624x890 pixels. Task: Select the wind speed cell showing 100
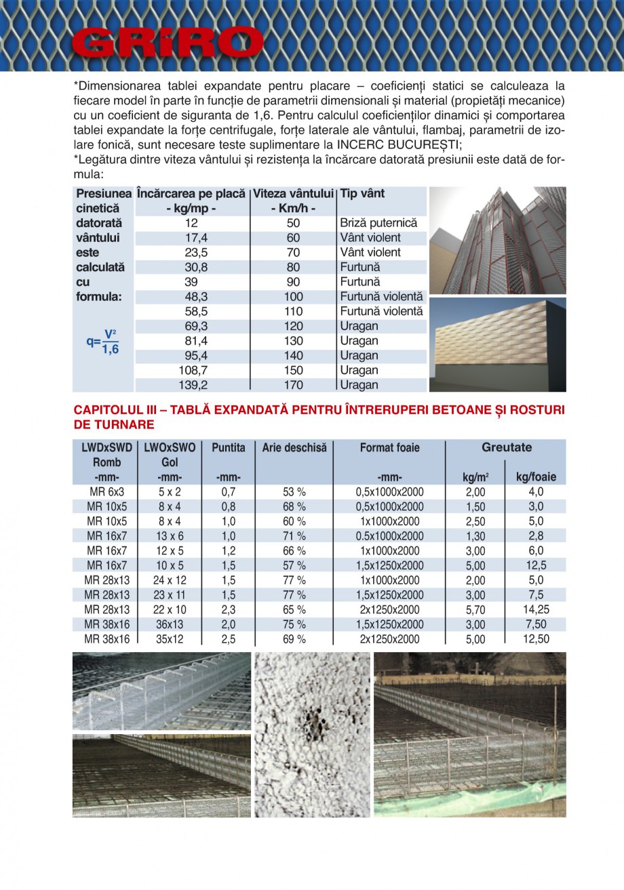coord(294,297)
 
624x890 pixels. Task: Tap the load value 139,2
coord(191,385)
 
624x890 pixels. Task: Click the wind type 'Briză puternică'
coord(378,223)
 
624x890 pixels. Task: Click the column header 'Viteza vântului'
coord(294,194)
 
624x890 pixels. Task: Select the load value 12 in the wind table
coord(191,223)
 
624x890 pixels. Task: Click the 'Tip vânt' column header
coord(362,194)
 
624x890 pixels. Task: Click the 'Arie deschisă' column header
coord(294,448)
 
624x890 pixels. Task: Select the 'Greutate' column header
coord(506,447)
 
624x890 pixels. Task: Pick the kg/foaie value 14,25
coord(536,610)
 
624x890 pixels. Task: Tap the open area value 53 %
coord(294,492)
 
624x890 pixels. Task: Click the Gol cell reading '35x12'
coord(170,639)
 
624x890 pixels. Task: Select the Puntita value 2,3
coord(229,610)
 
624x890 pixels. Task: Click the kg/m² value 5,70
coord(475,610)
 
